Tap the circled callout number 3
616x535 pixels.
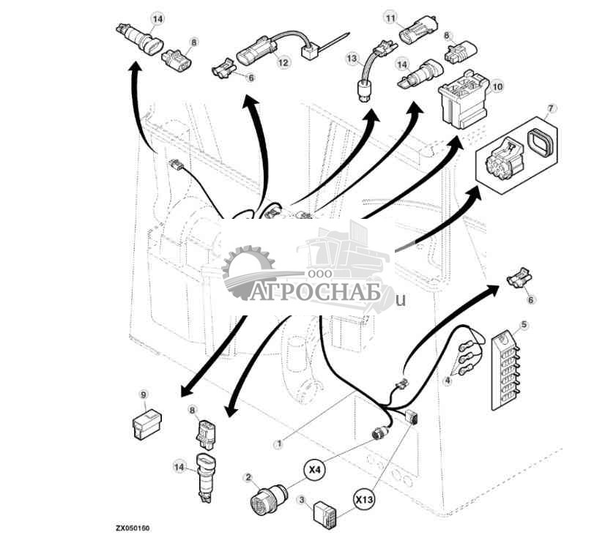[301, 501]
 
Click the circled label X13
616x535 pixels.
[364, 500]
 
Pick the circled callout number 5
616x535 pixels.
[524, 323]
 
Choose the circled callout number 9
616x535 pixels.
[144, 394]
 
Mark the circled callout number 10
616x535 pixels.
[497, 86]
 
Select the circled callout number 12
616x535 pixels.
[283, 63]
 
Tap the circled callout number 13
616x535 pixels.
[352, 57]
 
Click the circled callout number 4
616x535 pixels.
[448, 380]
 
